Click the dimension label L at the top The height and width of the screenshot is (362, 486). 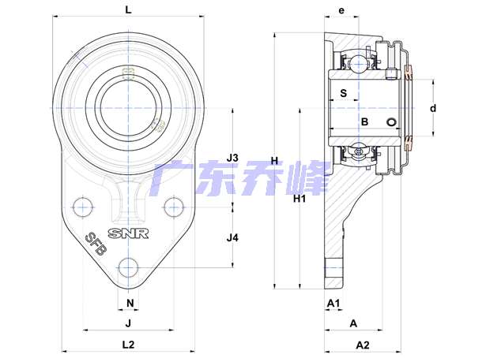(x=128, y=10)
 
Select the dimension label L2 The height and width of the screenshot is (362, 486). (x=128, y=345)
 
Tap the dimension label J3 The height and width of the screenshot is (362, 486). (x=232, y=158)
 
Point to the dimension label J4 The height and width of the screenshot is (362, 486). (x=232, y=238)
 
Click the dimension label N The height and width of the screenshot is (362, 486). (x=130, y=303)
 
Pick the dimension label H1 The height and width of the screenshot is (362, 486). (x=300, y=199)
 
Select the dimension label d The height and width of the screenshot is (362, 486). (x=433, y=108)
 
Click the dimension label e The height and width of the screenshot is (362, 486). (x=341, y=10)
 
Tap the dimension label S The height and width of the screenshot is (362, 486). (x=344, y=93)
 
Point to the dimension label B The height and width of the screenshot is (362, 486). (x=365, y=121)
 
